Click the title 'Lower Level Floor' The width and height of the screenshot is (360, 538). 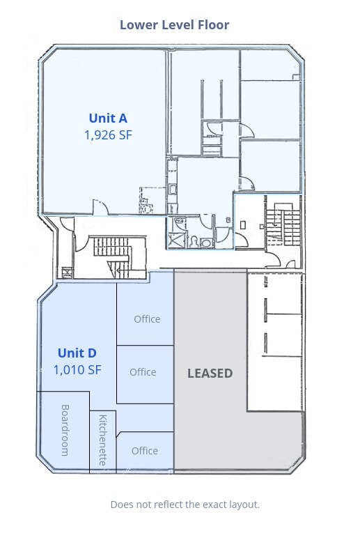pos(174,25)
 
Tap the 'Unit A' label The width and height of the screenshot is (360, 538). pos(107,118)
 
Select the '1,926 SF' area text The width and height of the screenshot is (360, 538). pos(107,135)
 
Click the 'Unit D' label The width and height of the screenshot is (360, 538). pos(77,353)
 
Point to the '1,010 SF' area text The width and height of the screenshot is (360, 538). pos(77,369)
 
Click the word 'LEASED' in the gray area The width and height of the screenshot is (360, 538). pos(210,374)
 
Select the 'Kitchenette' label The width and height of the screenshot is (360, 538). pos(103,440)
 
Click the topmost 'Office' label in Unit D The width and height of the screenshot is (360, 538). pos(147,319)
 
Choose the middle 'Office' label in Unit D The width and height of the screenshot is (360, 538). pos(143,372)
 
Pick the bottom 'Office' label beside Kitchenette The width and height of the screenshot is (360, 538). pos(145,451)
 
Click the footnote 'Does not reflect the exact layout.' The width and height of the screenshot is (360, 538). pos(185,505)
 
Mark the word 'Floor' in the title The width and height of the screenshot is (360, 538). pos(214,25)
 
